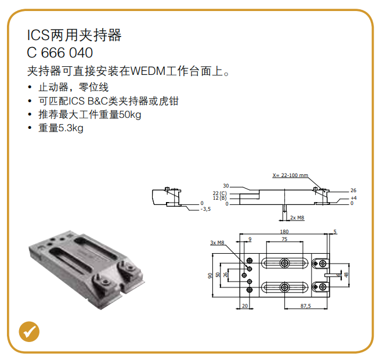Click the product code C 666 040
[60, 52]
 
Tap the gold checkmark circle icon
[29, 332]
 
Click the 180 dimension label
[284, 232]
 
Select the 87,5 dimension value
[306, 306]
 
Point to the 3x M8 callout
[217, 243]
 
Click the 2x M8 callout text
[297, 218]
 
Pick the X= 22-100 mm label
[290, 175]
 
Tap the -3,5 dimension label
[205, 209]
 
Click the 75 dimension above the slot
[284, 239]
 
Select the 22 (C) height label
[219, 193]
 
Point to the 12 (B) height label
[219, 198]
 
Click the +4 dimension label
[353, 198]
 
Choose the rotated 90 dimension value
[210, 276]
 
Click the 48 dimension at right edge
[346, 275]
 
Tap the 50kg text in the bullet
[130, 114]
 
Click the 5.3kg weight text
[71, 128]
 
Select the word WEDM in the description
[148, 71]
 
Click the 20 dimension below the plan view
[245, 306]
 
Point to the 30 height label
[226, 186]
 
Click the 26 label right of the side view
[353, 190]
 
